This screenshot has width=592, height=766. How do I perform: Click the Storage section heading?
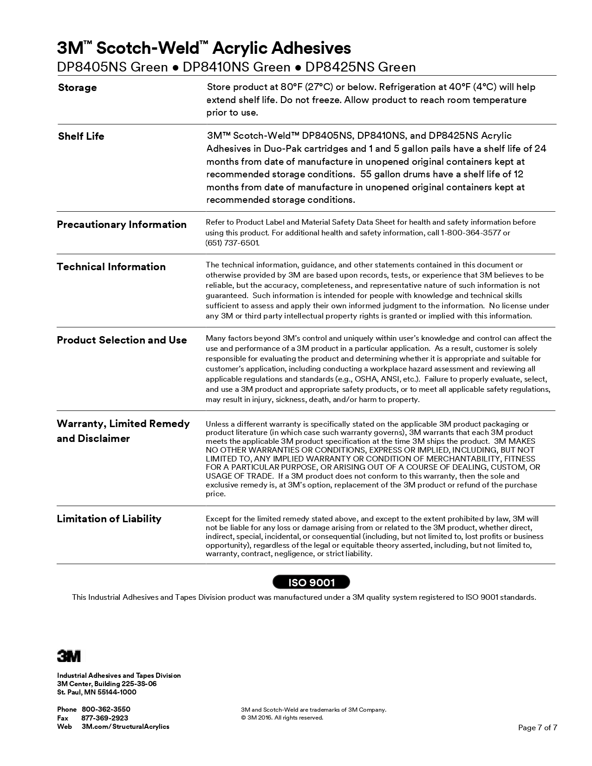coord(78,88)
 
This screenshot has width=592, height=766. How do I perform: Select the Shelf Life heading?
coord(81,136)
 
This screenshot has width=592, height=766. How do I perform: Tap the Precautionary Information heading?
coord(122,225)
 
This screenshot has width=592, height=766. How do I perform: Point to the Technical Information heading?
coord(111,267)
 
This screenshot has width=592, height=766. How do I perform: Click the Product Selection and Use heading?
coord(122,340)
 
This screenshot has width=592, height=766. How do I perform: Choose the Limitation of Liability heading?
coord(109,519)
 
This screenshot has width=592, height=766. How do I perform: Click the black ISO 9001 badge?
coord(311,582)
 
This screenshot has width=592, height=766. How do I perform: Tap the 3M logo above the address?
coord(69,656)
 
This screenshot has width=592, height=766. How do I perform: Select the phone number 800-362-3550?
coord(106,709)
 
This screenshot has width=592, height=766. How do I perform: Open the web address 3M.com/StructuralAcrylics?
coord(125,727)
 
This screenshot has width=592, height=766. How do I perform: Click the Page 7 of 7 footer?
coord(537,727)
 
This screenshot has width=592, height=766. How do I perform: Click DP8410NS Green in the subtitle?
coord(236,68)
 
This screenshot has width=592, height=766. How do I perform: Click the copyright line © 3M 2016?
coord(282,718)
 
